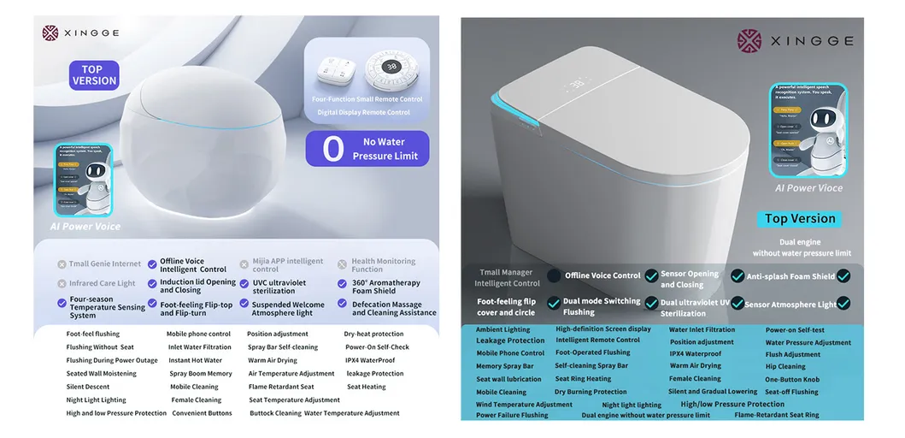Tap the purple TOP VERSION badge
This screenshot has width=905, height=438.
pyautogui.click(x=94, y=75)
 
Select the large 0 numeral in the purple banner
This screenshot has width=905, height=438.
pyautogui.click(x=333, y=149)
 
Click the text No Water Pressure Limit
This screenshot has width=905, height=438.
pyautogui.click(x=385, y=149)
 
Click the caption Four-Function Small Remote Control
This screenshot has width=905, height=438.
pyautogui.click(x=367, y=99)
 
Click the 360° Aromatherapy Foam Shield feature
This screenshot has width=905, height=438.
pyautogui.click(x=385, y=287)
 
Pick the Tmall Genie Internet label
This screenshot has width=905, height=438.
pyautogui.click(x=104, y=264)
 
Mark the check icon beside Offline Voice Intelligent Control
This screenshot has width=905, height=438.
pyautogui.click(x=152, y=264)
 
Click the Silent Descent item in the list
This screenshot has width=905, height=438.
pyautogui.click(x=88, y=387)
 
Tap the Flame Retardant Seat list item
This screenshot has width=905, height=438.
pyautogui.click(x=281, y=387)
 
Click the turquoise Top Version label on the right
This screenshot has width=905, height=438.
pyautogui.click(x=800, y=219)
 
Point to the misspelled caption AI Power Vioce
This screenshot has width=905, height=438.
pyautogui.click(x=808, y=188)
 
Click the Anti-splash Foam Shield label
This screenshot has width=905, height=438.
pyautogui.click(x=790, y=276)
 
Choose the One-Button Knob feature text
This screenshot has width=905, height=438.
pyautogui.click(x=791, y=380)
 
